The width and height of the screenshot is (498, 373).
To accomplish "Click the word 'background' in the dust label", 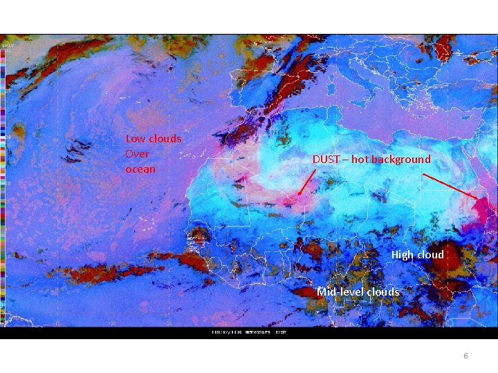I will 400,160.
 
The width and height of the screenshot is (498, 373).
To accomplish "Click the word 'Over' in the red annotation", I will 137,154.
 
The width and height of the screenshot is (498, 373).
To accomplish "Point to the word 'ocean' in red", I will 140,169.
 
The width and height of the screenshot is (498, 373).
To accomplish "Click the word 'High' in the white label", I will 403,255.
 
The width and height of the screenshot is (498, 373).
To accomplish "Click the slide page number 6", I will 465,356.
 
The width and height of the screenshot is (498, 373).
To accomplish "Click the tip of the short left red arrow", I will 298,195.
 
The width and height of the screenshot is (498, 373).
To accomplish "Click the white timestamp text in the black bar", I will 249,332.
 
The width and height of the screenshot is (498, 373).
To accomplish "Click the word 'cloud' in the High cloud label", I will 430,255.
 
